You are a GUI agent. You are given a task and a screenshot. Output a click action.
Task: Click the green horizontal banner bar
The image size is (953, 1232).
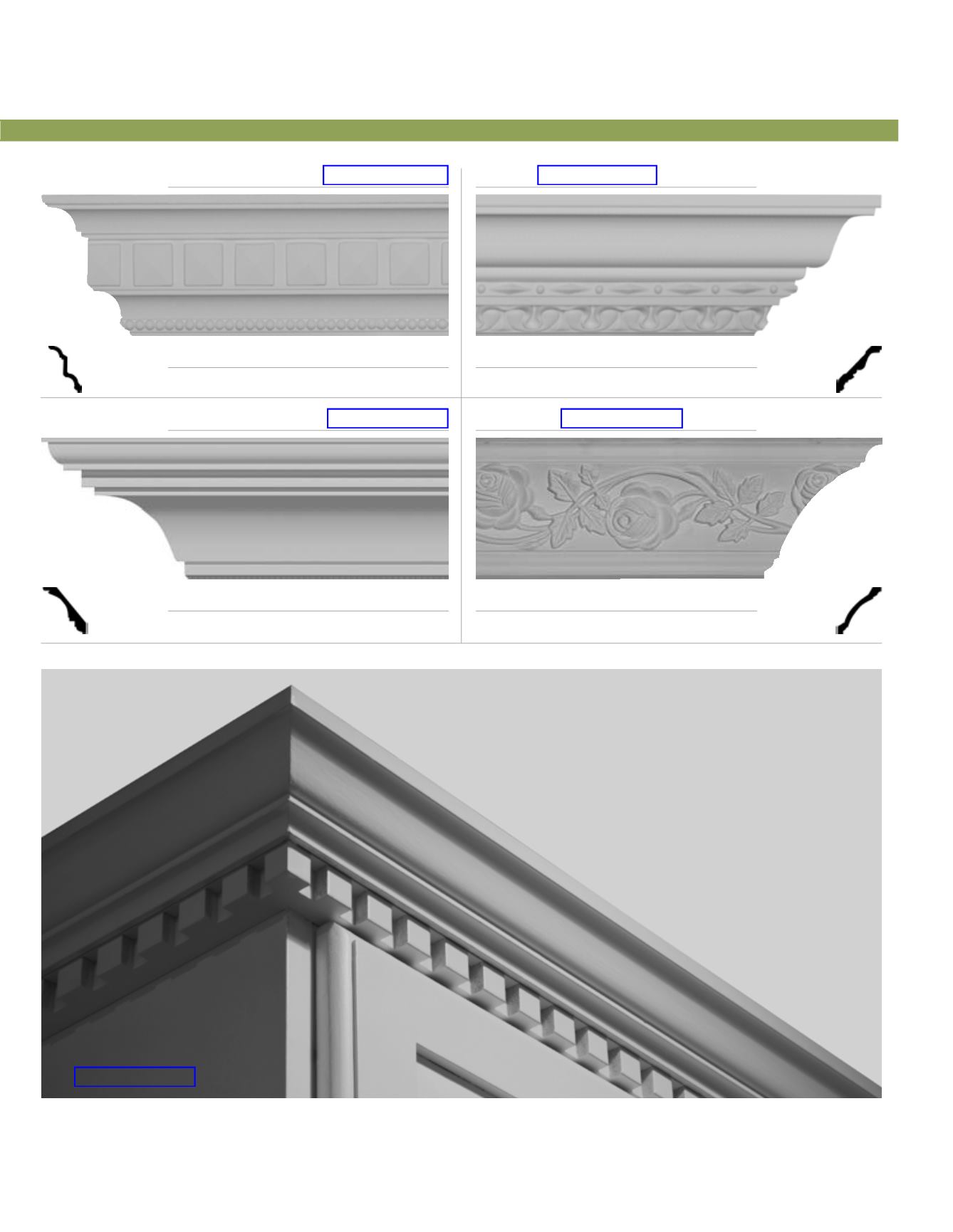tap(449, 131)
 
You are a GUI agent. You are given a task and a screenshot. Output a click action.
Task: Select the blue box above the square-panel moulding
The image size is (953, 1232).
tap(385, 175)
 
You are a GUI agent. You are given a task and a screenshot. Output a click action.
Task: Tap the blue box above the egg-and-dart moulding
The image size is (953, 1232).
tap(597, 175)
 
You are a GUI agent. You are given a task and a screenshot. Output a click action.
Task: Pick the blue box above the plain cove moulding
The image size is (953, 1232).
tap(387, 418)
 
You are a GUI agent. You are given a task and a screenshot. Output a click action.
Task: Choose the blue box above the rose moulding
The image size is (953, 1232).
tap(622, 418)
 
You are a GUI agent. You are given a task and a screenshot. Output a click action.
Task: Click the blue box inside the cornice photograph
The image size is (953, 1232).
tap(135, 1077)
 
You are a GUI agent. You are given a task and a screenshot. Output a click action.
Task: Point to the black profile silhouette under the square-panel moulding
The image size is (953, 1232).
tap(66, 369)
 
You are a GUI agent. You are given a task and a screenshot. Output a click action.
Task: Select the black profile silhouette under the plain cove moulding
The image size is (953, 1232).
tap(66, 610)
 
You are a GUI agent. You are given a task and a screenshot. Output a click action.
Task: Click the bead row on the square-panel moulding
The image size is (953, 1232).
tap(285, 326)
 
